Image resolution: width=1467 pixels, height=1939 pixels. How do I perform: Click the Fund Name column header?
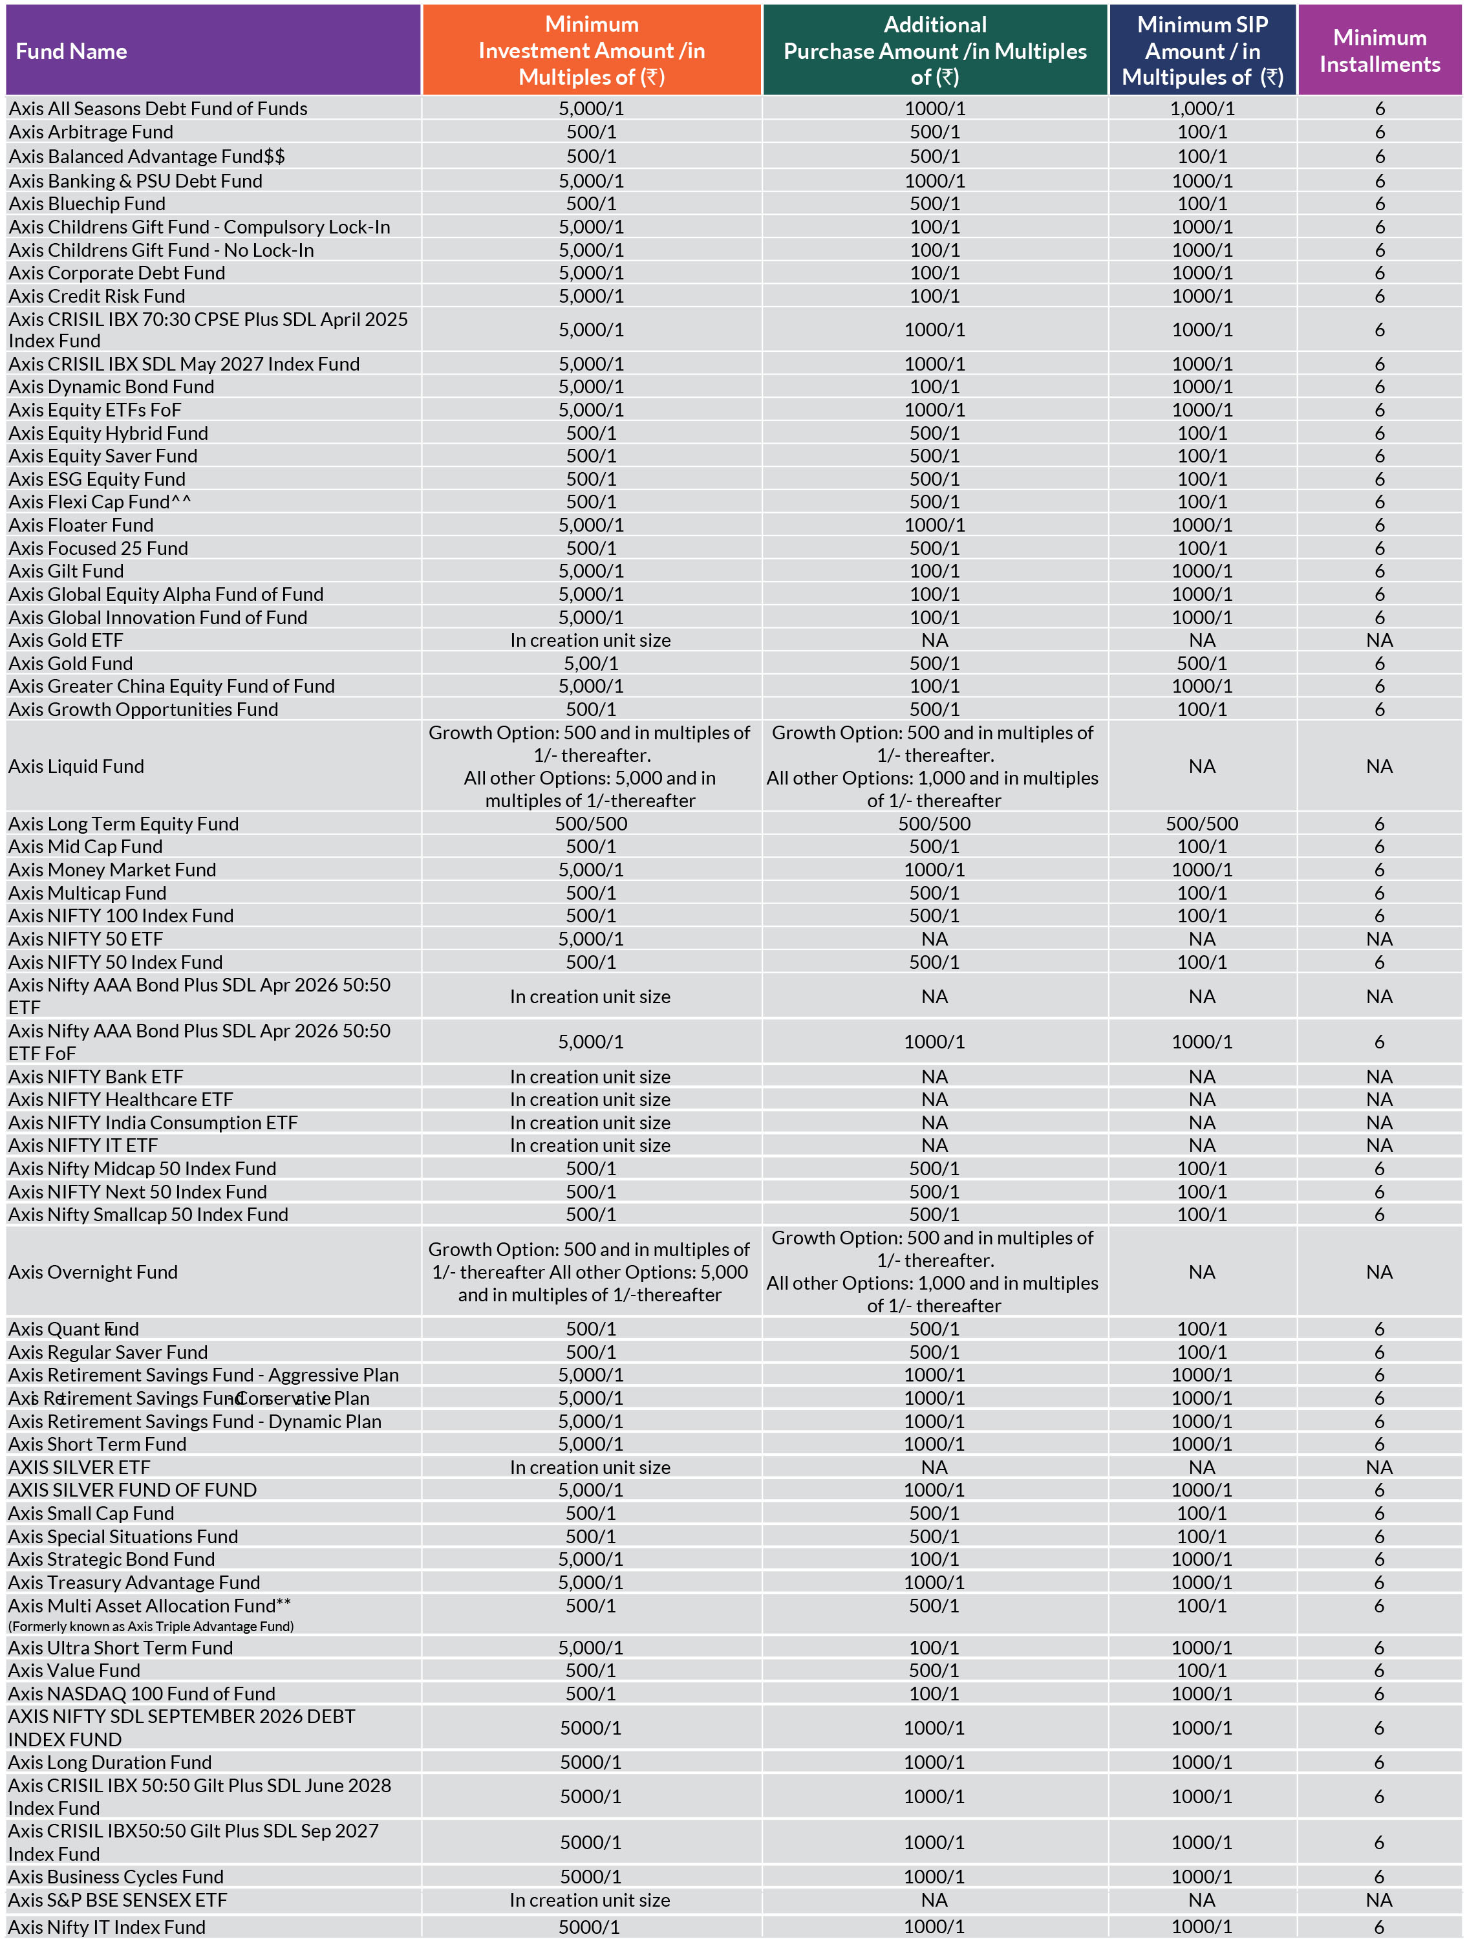pyautogui.click(x=71, y=51)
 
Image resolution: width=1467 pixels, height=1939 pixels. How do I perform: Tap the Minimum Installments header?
pyautogui.click(x=1379, y=51)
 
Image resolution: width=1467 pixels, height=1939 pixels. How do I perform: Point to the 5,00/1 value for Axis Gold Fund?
pyautogui.click(x=591, y=664)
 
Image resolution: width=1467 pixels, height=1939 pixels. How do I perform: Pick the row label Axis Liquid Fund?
pyautogui.click(x=76, y=766)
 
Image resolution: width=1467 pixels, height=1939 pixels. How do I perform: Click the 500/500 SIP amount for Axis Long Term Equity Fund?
pyautogui.click(x=1201, y=824)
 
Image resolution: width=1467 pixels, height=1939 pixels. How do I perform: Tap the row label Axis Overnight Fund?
pyautogui.click(x=93, y=1272)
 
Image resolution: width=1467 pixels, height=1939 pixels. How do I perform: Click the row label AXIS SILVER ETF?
pyautogui.click(x=79, y=1468)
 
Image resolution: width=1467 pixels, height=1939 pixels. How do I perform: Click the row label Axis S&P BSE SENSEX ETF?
pyautogui.click(x=118, y=1900)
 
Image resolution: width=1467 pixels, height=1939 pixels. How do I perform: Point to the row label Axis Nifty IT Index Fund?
pyautogui.click(x=107, y=1927)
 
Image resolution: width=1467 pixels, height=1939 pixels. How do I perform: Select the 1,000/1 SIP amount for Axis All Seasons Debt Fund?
pyautogui.click(x=1201, y=109)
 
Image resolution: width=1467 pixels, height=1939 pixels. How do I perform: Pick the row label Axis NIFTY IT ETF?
pyautogui.click(x=83, y=1145)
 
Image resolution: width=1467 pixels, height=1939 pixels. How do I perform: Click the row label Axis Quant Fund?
pyautogui.click(x=74, y=1329)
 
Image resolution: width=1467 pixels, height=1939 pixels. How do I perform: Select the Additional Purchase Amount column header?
pyautogui.click(x=934, y=51)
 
